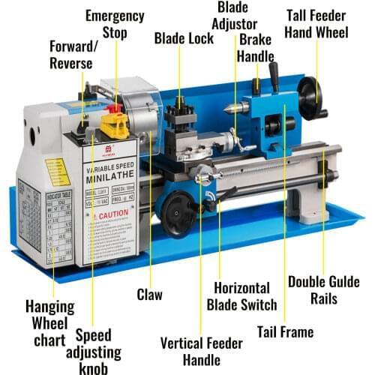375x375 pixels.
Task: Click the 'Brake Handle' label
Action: (x=255, y=47)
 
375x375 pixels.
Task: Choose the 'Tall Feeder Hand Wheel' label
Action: (x=316, y=24)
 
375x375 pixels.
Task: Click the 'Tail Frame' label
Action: (x=284, y=331)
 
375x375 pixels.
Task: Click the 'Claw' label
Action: (x=149, y=295)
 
